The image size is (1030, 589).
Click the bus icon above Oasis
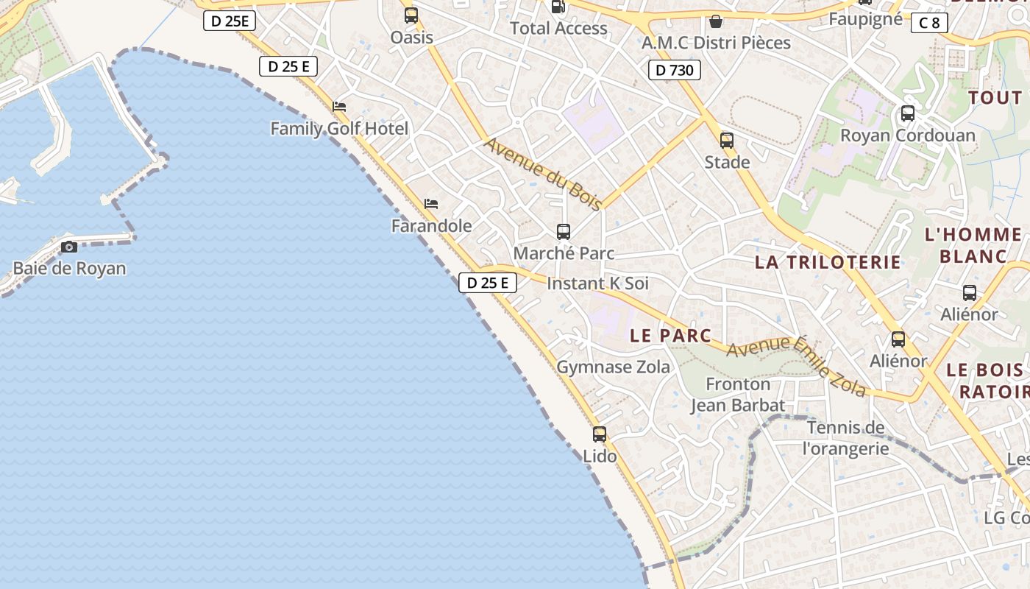point(411,15)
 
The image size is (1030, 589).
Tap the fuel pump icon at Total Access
point(558,7)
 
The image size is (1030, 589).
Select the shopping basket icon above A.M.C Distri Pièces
point(716,21)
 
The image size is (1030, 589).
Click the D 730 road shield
point(674,71)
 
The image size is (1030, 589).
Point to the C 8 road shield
point(929,23)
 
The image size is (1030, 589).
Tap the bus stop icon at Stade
point(727,140)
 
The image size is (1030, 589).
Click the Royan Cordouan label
point(907,135)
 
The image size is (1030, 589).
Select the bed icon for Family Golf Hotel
point(339,107)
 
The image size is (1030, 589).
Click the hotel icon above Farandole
point(431,204)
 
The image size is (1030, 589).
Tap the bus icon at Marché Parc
point(564,232)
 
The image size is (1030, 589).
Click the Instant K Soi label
point(598,283)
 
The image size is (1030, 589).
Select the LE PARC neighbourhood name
point(671,336)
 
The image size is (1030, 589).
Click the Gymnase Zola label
point(613,367)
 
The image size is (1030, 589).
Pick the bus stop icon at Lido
point(600,434)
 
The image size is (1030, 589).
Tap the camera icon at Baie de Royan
point(69,247)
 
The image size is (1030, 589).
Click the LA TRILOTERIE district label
point(828,262)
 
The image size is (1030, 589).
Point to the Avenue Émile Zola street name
point(796,365)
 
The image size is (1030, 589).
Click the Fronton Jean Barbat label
point(738,395)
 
